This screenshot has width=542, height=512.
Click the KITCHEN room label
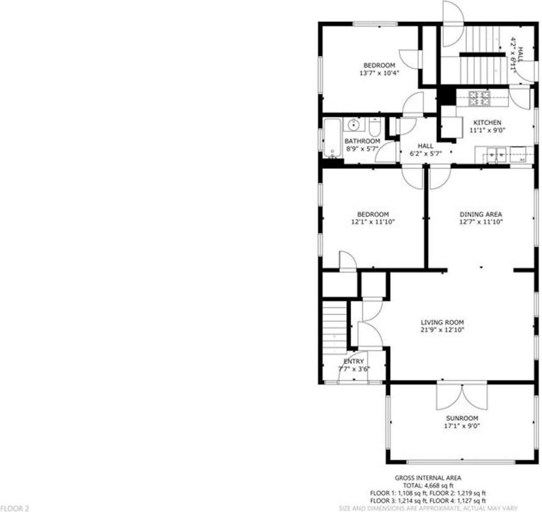coord(485,123)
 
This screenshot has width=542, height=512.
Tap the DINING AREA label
coord(481,214)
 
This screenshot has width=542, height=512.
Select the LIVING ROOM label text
coord(442,322)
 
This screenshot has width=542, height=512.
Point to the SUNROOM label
coord(462,418)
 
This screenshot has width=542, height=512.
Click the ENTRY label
coord(354,362)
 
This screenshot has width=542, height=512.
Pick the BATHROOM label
coord(362,141)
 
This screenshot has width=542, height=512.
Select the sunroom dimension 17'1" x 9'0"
coord(462,426)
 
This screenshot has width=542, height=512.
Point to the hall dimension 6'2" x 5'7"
coord(426,153)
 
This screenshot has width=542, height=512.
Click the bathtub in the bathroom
coord(331,138)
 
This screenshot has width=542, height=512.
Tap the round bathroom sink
coord(353,126)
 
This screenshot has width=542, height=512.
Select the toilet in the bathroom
coord(375,127)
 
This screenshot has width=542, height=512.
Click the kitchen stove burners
coord(479,97)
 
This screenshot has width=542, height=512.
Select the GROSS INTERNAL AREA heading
coord(428,478)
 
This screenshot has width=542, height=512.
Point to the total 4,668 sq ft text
coord(428,486)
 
